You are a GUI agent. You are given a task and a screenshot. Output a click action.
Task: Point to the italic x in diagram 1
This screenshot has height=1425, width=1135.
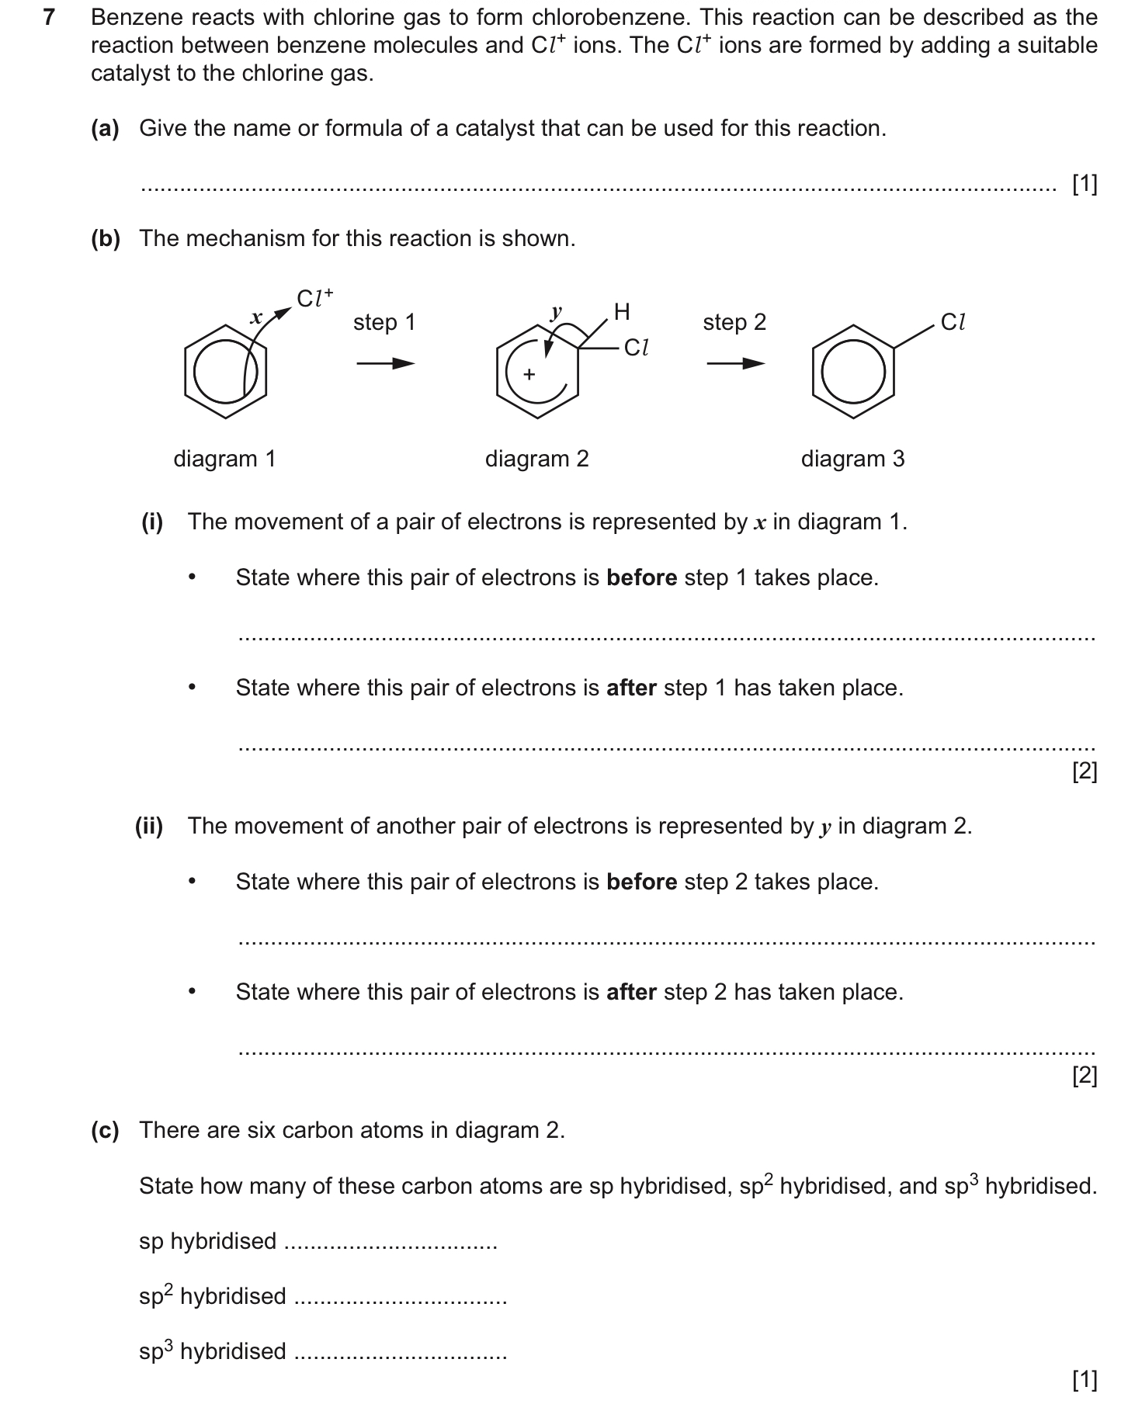pyautogui.click(x=255, y=317)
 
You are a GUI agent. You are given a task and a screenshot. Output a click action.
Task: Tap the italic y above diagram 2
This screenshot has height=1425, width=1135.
pyautogui.click(x=556, y=313)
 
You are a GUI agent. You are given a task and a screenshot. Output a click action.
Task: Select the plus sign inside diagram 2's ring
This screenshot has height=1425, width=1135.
pyautogui.click(x=529, y=374)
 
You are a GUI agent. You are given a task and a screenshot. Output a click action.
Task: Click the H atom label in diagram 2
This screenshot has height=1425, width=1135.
pyautogui.click(x=622, y=312)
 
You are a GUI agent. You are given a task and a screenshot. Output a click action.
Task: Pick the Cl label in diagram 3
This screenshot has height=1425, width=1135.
pyautogui.click(x=953, y=322)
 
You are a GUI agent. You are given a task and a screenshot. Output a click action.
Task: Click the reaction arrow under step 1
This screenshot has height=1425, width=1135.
pyautogui.click(x=385, y=363)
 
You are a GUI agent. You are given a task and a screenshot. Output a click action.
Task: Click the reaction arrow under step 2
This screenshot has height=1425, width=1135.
pyautogui.click(x=734, y=363)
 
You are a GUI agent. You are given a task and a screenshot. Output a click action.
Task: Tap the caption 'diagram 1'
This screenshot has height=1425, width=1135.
pyautogui.click(x=224, y=459)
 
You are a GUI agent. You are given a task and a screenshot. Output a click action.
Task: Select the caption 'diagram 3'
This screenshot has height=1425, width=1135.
pyautogui.click(x=852, y=459)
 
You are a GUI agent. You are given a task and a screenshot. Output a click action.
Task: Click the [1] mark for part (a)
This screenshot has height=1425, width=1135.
pyautogui.click(x=1084, y=185)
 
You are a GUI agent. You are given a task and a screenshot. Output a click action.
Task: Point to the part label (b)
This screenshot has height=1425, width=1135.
pyautogui.click(x=106, y=238)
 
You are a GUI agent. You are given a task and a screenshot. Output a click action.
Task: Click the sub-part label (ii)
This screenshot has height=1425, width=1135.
pyautogui.click(x=149, y=826)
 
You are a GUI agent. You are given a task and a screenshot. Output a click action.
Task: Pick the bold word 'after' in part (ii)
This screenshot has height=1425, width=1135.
pyautogui.click(x=631, y=993)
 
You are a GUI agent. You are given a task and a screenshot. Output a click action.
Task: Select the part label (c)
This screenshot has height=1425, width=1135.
pyautogui.click(x=106, y=1130)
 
